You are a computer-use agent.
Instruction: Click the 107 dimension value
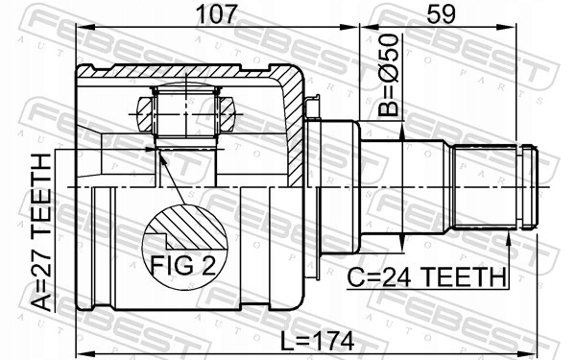pyautogui.click(x=216, y=14)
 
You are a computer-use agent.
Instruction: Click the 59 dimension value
pyautogui.click(x=442, y=14)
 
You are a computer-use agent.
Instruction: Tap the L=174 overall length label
pyautogui.click(x=317, y=341)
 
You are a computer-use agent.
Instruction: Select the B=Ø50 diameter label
pyautogui.click(x=388, y=75)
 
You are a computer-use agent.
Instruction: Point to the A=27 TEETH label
pyautogui.click(x=41, y=232)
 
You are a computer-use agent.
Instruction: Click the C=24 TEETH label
pyautogui.click(x=426, y=277)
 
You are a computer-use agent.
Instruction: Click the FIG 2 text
pyautogui.click(x=183, y=265)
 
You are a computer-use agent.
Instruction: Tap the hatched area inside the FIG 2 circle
pyautogui.click(x=191, y=226)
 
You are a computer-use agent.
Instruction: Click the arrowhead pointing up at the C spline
pyautogui.click(x=509, y=239)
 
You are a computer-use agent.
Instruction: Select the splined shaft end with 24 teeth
pyautogui.click(x=485, y=187)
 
